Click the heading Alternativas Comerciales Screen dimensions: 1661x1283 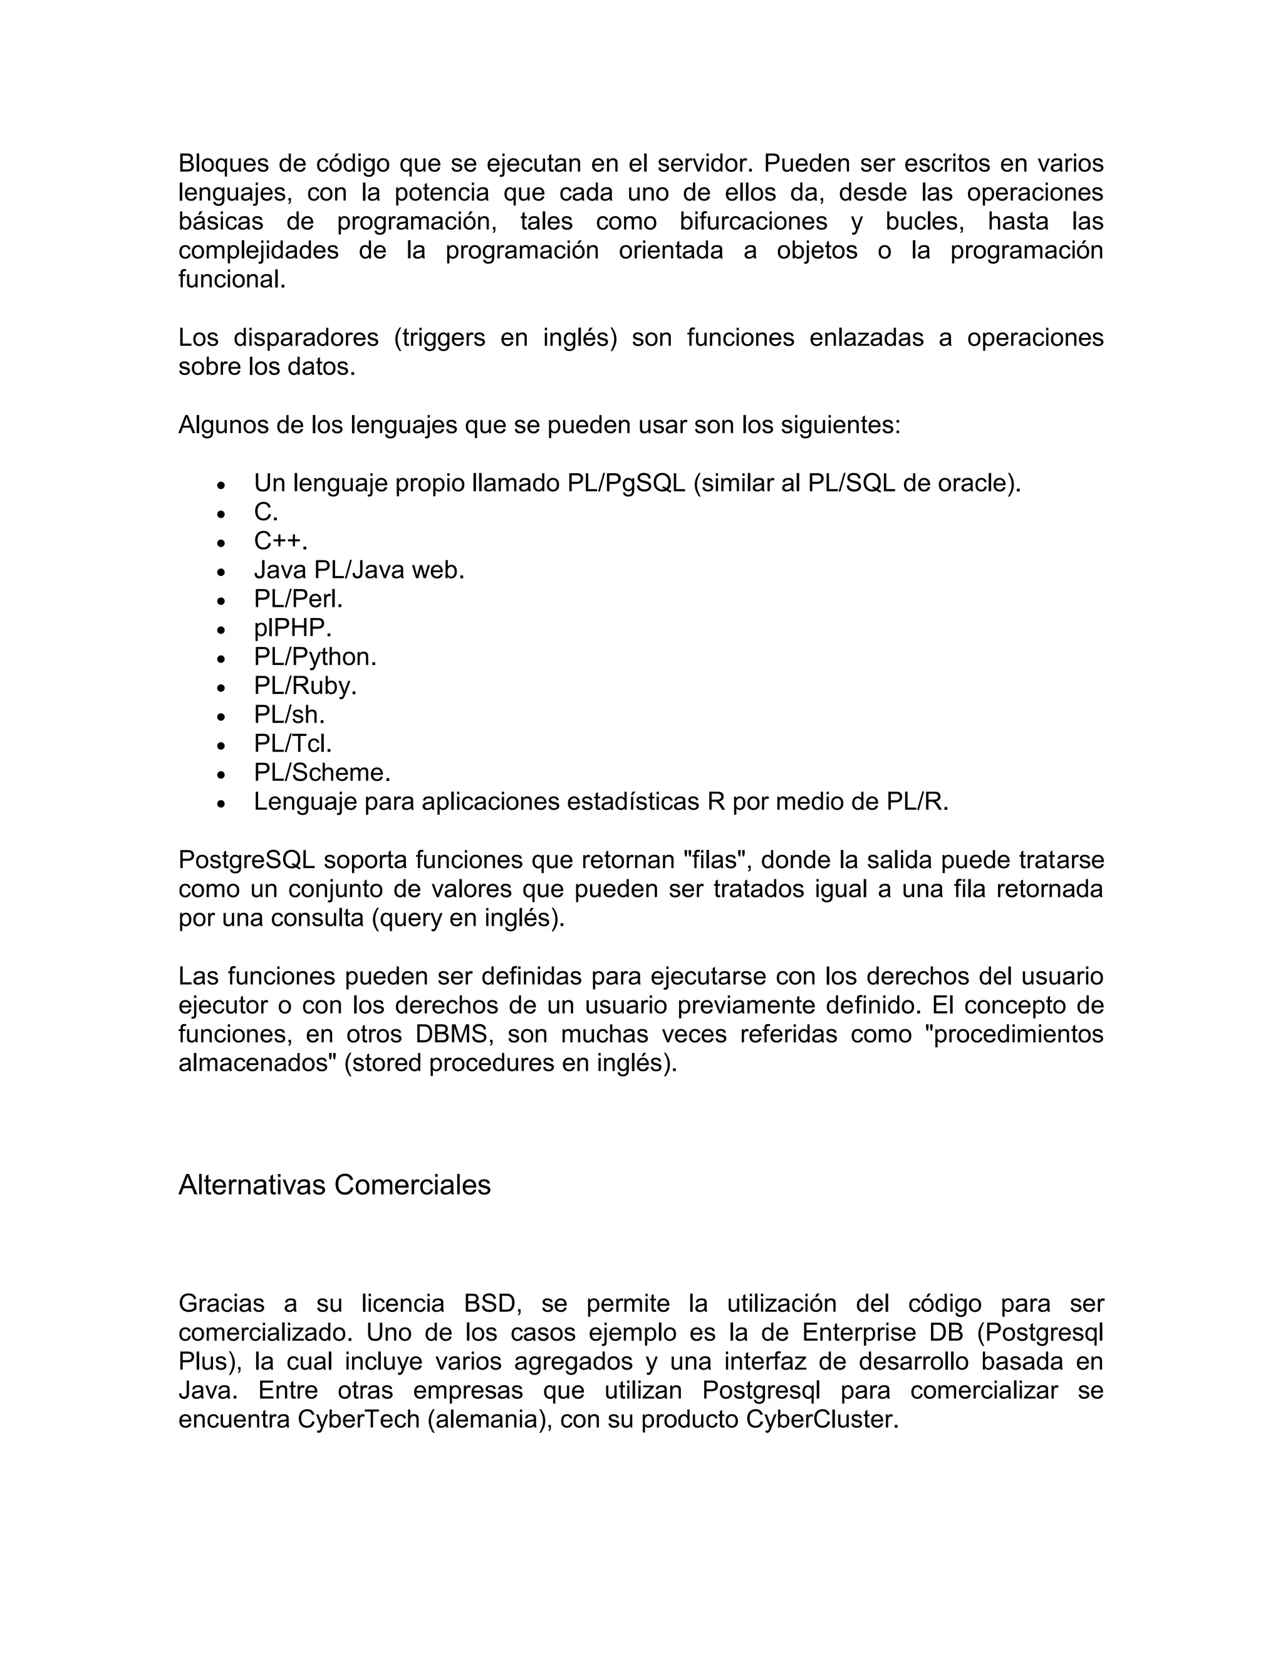point(335,1185)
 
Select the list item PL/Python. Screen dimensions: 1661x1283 point(314,657)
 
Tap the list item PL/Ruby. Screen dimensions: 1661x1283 point(305,686)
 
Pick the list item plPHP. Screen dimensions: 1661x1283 point(293,628)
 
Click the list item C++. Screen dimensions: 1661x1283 point(281,542)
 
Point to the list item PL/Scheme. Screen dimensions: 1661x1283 point(321,773)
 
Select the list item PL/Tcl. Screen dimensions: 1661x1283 point(293,744)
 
